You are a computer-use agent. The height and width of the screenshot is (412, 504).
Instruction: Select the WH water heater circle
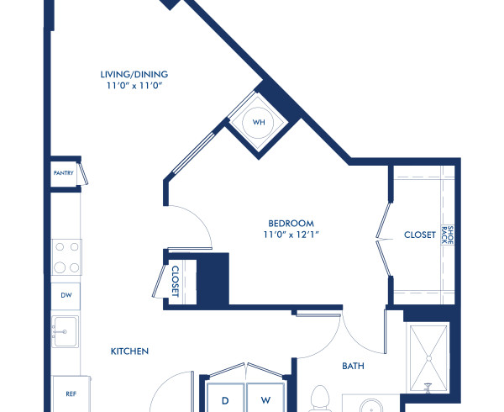point(259,123)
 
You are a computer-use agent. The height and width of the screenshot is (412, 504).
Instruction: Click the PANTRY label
point(64,174)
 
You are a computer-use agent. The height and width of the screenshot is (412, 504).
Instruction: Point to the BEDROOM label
point(280,224)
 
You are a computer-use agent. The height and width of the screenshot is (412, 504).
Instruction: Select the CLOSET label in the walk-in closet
point(419,235)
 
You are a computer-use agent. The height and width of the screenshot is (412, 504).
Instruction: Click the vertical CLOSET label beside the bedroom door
point(176,282)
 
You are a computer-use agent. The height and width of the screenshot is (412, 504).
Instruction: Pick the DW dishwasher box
point(66,296)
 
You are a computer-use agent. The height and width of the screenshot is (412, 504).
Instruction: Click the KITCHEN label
point(129,351)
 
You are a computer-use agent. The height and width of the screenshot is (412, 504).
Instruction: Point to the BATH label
point(353,367)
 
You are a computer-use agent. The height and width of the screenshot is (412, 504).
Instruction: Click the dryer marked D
point(224,399)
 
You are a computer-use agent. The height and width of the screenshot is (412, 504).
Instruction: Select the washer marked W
point(265,399)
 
